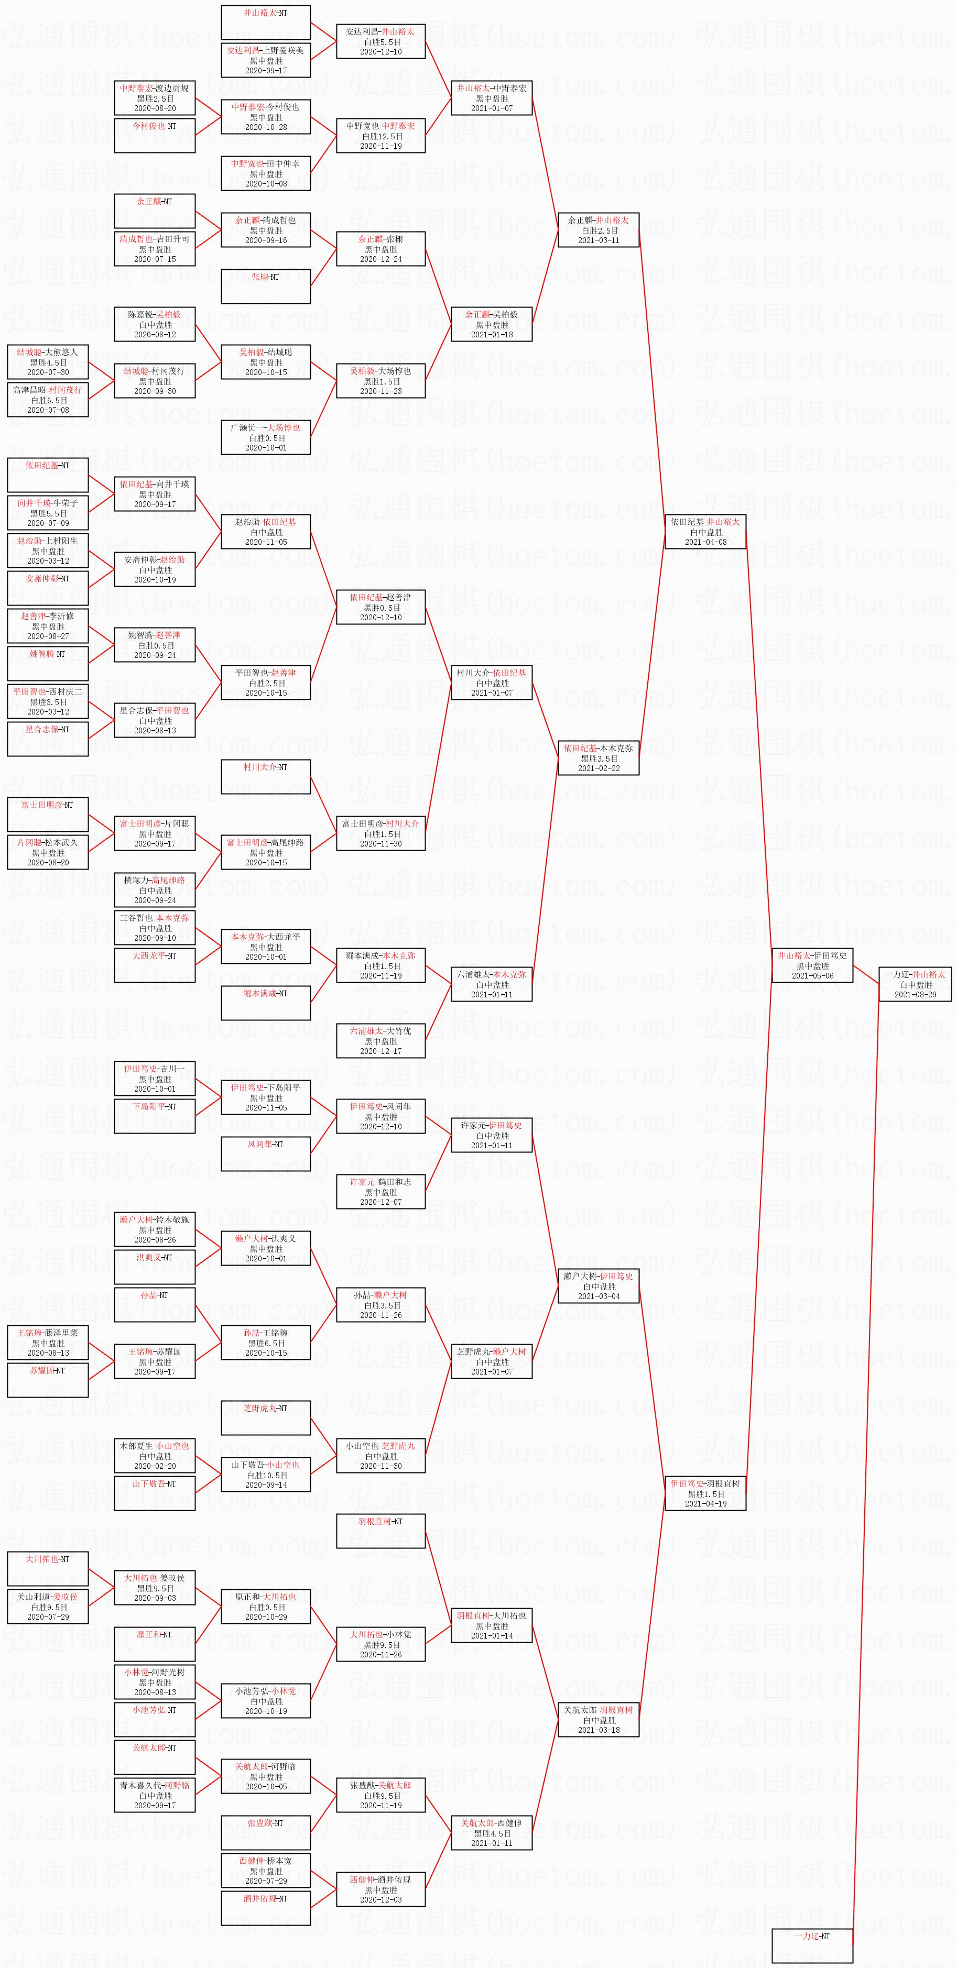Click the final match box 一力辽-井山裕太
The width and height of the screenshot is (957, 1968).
915,984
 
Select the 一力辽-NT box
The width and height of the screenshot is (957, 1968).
812,1946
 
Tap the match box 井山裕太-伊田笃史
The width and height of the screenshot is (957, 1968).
812,965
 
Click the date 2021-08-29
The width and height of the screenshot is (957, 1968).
915,995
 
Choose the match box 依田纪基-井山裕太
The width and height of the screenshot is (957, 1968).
705,532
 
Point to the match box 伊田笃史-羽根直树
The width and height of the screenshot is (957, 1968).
705,1493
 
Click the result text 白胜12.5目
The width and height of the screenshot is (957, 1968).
380,137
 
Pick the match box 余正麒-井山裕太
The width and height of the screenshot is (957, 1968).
599,230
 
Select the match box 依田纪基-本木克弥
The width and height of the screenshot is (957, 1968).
599,758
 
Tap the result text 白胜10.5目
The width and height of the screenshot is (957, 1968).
266,1475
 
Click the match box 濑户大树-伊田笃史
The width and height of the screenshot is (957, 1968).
599,1286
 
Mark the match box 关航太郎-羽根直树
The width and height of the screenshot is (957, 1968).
599,1720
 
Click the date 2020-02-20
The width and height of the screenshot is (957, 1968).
155,1466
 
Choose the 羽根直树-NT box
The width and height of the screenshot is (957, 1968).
380,1531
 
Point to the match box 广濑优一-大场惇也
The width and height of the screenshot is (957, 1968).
266,438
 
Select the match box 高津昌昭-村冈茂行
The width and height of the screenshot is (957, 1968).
48,400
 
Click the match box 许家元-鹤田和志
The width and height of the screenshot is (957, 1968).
380,1192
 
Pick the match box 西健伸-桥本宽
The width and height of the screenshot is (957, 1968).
266,1871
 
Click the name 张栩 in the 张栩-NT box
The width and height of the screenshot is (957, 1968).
260,277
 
